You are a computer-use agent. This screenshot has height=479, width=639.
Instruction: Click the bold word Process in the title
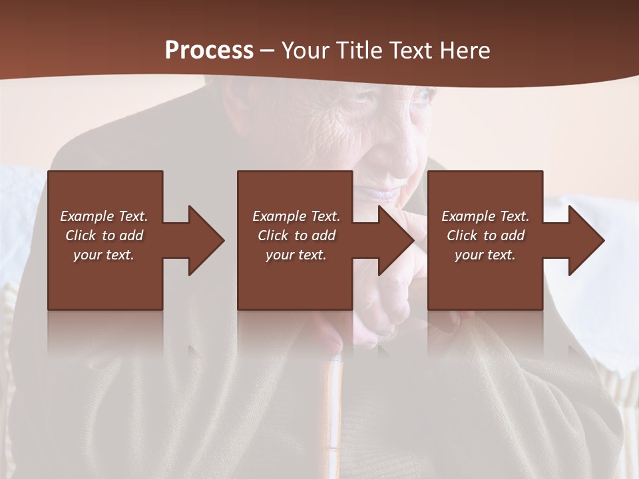[209, 51]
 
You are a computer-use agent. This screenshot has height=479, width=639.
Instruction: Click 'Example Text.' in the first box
[104, 216]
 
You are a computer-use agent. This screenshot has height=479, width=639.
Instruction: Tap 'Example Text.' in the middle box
[296, 216]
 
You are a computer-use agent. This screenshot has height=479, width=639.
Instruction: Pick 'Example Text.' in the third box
[485, 216]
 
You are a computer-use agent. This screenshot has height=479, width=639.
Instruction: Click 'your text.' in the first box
[104, 255]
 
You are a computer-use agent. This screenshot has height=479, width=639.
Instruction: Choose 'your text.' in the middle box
[296, 255]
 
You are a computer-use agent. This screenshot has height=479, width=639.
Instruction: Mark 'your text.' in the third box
[485, 255]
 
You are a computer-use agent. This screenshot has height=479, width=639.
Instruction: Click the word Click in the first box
[81, 236]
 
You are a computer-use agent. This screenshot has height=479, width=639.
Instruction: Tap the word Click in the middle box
[274, 236]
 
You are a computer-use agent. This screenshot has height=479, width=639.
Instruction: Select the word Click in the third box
[463, 236]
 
